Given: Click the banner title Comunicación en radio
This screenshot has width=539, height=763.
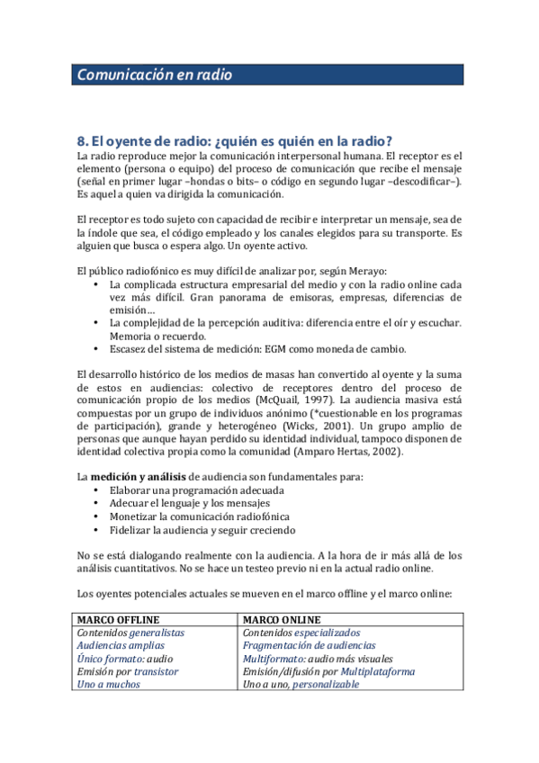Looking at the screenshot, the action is [154, 76].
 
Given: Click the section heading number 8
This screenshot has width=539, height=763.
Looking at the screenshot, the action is [83, 140].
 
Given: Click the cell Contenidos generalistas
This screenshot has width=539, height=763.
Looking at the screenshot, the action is [130, 633].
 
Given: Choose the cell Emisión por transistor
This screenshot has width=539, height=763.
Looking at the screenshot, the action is [128, 671].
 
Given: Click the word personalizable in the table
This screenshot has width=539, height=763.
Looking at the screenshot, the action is [325, 684].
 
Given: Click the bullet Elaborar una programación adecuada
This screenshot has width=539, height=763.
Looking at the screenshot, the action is [196, 490].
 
